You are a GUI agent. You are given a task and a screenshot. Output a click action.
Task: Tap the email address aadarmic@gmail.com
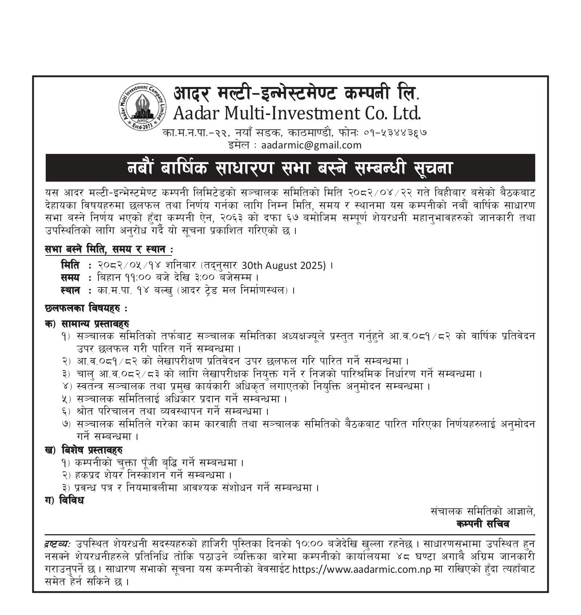coord(311,145)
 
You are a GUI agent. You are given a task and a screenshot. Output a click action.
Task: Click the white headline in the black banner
coord(290,168)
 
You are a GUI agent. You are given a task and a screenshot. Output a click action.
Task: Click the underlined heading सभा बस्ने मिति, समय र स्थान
coord(109,250)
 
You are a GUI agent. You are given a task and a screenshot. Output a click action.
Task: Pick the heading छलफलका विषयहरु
coord(86,309)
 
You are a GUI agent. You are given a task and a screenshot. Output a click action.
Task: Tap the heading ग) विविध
coord(64,500)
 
